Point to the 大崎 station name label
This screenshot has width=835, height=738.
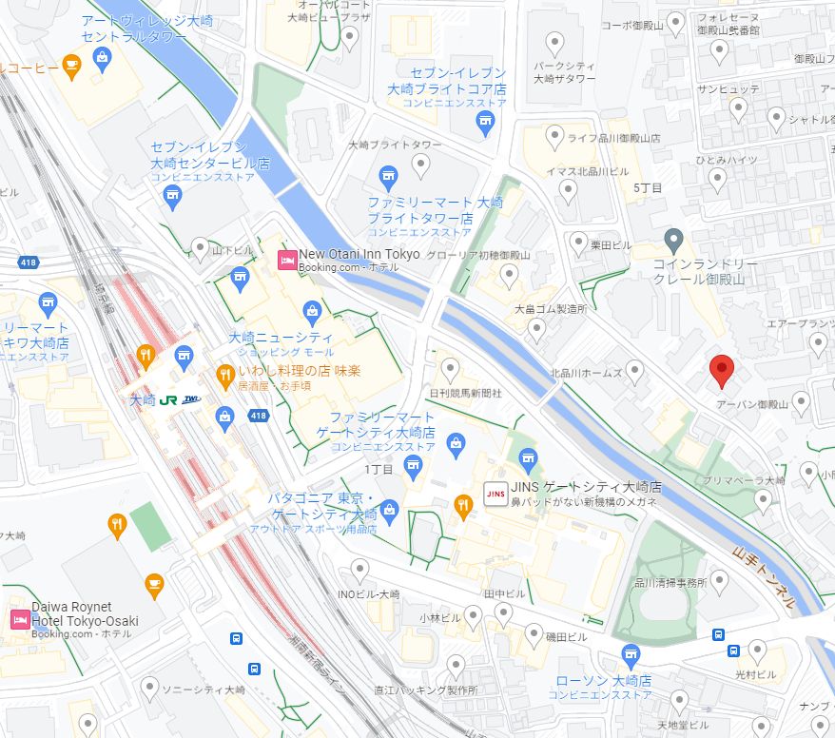tap(142, 400)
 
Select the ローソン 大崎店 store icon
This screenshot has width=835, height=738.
tap(630, 654)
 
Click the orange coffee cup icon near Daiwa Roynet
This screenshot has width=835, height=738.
tap(153, 582)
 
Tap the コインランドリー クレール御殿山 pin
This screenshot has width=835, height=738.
tap(673, 239)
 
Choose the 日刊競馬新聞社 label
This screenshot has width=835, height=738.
tap(465, 392)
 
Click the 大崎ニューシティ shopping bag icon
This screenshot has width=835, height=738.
tap(311, 310)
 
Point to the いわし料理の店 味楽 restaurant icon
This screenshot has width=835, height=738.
tap(225, 371)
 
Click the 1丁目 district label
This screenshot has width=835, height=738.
tap(379, 471)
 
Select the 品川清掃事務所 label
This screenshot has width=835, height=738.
tap(670, 582)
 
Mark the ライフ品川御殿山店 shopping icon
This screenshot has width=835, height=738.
tap(554, 139)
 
